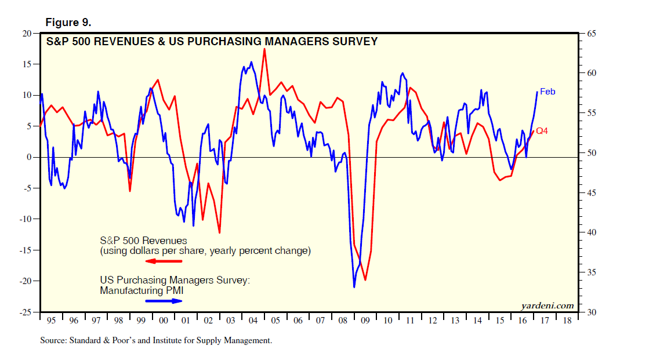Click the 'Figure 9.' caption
click(68, 23)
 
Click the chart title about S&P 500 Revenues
click(212, 42)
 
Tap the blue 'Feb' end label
click(547, 92)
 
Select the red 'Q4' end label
click(542, 132)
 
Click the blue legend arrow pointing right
click(164, 301)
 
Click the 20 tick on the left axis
click(26, 33)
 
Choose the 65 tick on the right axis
click(592, 34)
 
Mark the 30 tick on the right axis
click(592, 312)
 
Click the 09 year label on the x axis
click(364, 321)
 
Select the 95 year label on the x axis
click(51, 321)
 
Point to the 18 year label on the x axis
click(567, 321)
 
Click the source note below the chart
click(155, 341)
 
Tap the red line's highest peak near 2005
click(264, 49)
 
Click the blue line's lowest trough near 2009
click(354, 287)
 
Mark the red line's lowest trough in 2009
click(365, 280)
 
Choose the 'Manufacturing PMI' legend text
click(137, 290)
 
